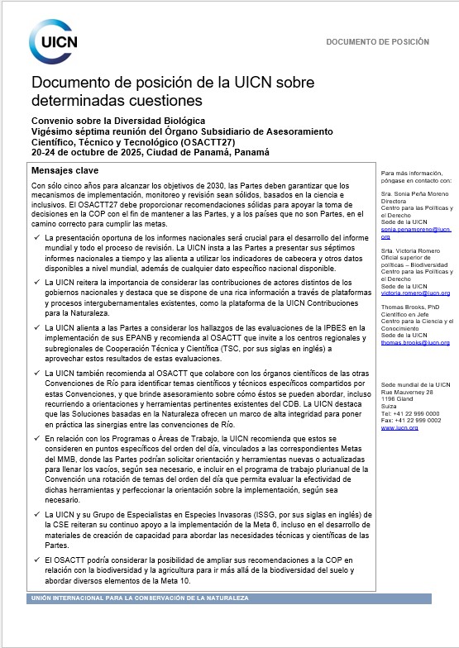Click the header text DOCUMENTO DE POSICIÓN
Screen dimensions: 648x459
click(377, 41)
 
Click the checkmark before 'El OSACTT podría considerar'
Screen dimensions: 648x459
click(37, 560)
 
